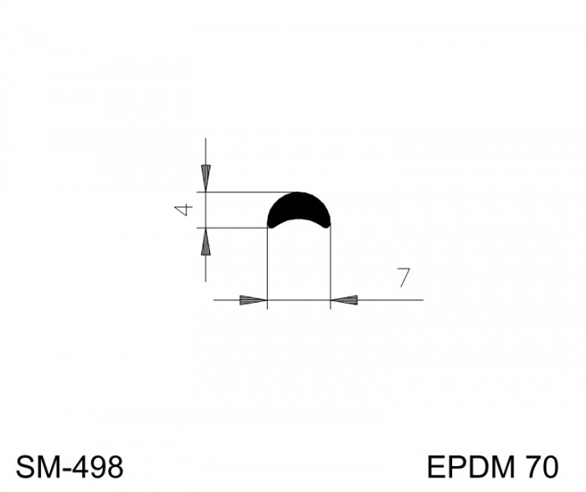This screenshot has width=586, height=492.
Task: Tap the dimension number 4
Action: pos(183,210)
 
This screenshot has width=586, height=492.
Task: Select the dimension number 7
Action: pos(404,278)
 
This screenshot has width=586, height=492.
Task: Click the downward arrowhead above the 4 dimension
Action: pos(206,178)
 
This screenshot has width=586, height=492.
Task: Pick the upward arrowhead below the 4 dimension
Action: pos(206,241)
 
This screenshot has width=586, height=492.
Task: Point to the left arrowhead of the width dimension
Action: pos(254,300)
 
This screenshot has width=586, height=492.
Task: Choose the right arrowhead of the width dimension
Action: pos(344,300)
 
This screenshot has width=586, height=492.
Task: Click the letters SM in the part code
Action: pos(35,467)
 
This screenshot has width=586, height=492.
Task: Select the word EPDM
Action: pos(470,467)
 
